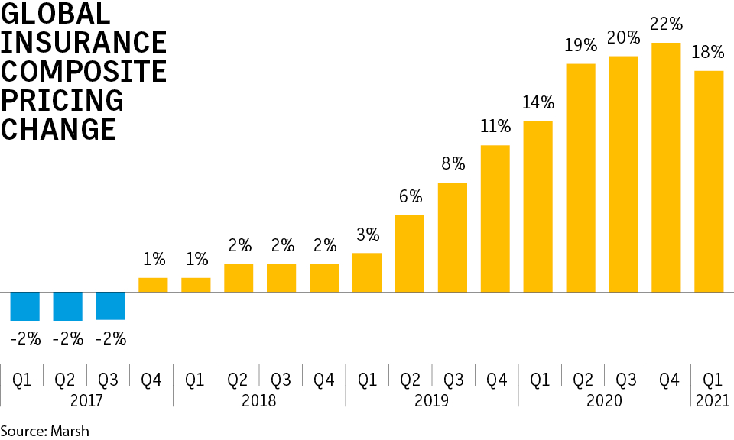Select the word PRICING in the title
(62, 100)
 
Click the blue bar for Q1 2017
(24, 306)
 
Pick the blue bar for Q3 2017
(110, 306)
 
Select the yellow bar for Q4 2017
(153, 285)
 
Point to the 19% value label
(580, 46)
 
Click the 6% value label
(410, 197)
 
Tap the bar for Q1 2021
(709, 181)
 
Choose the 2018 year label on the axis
(259, 400)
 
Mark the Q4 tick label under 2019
(495, 377)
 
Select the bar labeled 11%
(495, 218)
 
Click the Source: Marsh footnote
(44, 431)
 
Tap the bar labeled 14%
(538, 206)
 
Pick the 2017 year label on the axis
(86, 400)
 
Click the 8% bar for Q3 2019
(453, 238)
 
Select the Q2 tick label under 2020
(580, 377)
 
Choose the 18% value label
(709, 53)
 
